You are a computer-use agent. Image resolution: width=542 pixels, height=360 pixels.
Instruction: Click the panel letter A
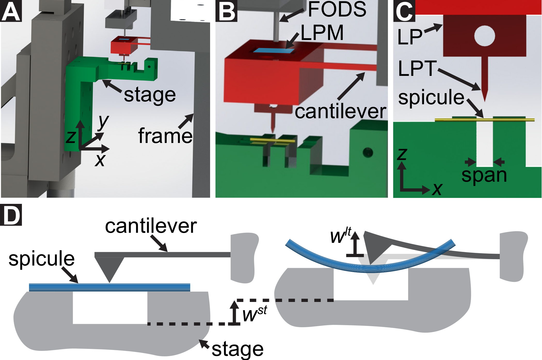pyautogui.click(x=11, y=11)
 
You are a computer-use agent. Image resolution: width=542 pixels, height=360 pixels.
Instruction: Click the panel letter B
pyautogui.click(x=226, y=11)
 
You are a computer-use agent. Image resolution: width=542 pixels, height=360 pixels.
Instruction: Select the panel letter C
pyautogui.click(x=404, y=11)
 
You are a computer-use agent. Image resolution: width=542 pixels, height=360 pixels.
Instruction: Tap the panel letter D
pyautogui.click(x=11, y=215)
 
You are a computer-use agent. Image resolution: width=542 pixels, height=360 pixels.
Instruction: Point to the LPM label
pyautogui.click(x=322, y=33)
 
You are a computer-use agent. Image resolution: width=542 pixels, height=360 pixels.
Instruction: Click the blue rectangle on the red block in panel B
pyautogui.click(x=274, y=50)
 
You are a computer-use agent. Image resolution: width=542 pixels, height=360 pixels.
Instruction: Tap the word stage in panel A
pyautogui.click(x=150, y=95)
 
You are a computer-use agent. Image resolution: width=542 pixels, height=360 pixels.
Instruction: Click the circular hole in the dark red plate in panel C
pyautogui.click(x=484, y=36)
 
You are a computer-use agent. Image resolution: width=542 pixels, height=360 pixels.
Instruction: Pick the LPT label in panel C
pyautogui.click(x=417, y=69)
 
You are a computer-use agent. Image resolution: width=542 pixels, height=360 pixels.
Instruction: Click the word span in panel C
pyautogui.click(x=484, y=175)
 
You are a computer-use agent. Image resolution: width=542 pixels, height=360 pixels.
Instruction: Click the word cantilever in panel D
pyautogui.click(x=151, y=226)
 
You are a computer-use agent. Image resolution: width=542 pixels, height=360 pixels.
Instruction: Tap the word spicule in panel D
pyautogui.click(x=41, y=259)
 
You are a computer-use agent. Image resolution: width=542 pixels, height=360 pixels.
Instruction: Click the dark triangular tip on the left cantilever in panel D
pyautogui.click(x=109, y=268)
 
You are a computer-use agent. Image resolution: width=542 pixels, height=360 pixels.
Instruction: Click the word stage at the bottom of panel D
pyautogui.click(x=237, y=349)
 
